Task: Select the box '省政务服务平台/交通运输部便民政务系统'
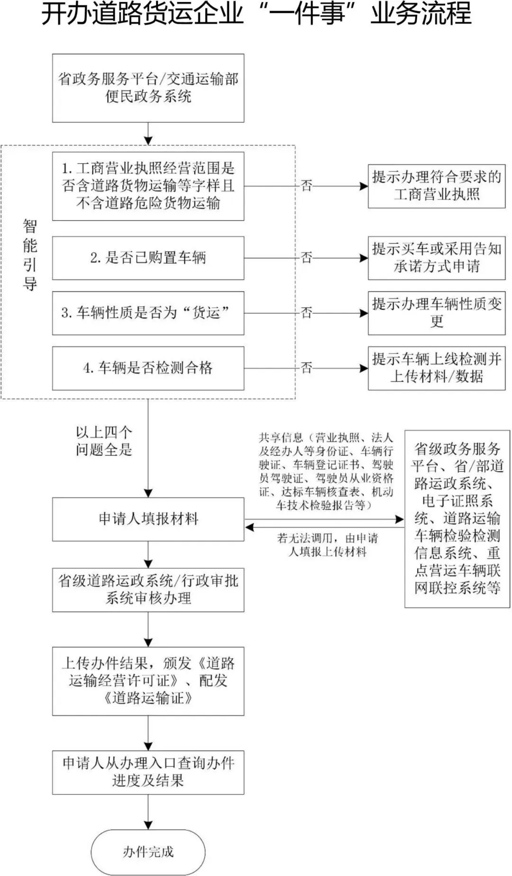pyautogui.click(x=148, y=88)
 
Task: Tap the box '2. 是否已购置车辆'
pyautogui.click(x=148, y=258)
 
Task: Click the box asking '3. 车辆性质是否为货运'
pyautogui.click(x=148, y=313)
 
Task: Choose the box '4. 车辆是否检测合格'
pyautogui.click(x=148, y=368)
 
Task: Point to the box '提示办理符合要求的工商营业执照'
pyautogui.click(x=437, y=186)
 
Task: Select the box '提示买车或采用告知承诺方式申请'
pyautogui.click(x=437, y=258)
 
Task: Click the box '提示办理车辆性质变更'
pyautogui.click(x=437, y=313)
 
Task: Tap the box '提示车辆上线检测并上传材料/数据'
pyautogui.click(x=437, y=368)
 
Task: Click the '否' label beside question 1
pyautogui.click(x=307, y=186)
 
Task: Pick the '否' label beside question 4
pyautogui.click(x=307, y=368)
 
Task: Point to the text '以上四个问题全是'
pyautogui.click(x=104, y=441)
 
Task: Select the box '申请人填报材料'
pyautogui.click(x=148, y=519)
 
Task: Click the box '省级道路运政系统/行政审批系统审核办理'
pyautogui.click(x=148, y=589)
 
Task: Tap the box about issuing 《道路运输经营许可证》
pyautogui.click(x=148, y=681)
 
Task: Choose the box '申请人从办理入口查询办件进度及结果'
pyautogui.click(x=148, y=772)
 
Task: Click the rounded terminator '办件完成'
pyautogui.click(x=148, y=852)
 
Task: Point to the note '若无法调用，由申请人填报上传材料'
pyautogui.click(x=328, y=545)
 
